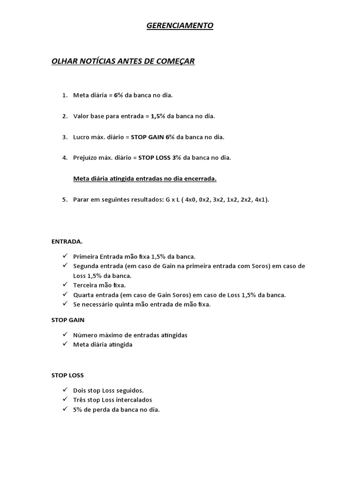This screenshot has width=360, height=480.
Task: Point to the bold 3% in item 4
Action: point(177,158)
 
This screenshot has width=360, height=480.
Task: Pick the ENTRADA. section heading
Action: point(67,242)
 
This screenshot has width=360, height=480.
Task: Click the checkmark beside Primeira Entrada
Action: point(65,256)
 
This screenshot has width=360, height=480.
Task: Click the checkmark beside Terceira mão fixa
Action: point(65,285)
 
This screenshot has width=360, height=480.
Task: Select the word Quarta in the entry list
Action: point(84,295)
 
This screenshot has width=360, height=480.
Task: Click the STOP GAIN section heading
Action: point(67,320)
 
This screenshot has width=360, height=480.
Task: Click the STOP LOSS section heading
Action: point(67,375)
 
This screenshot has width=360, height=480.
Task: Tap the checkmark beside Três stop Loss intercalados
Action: point(65,400)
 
